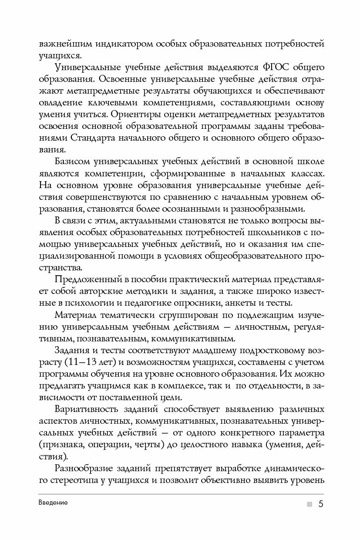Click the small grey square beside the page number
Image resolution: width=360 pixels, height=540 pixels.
(x=309, y=504)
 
